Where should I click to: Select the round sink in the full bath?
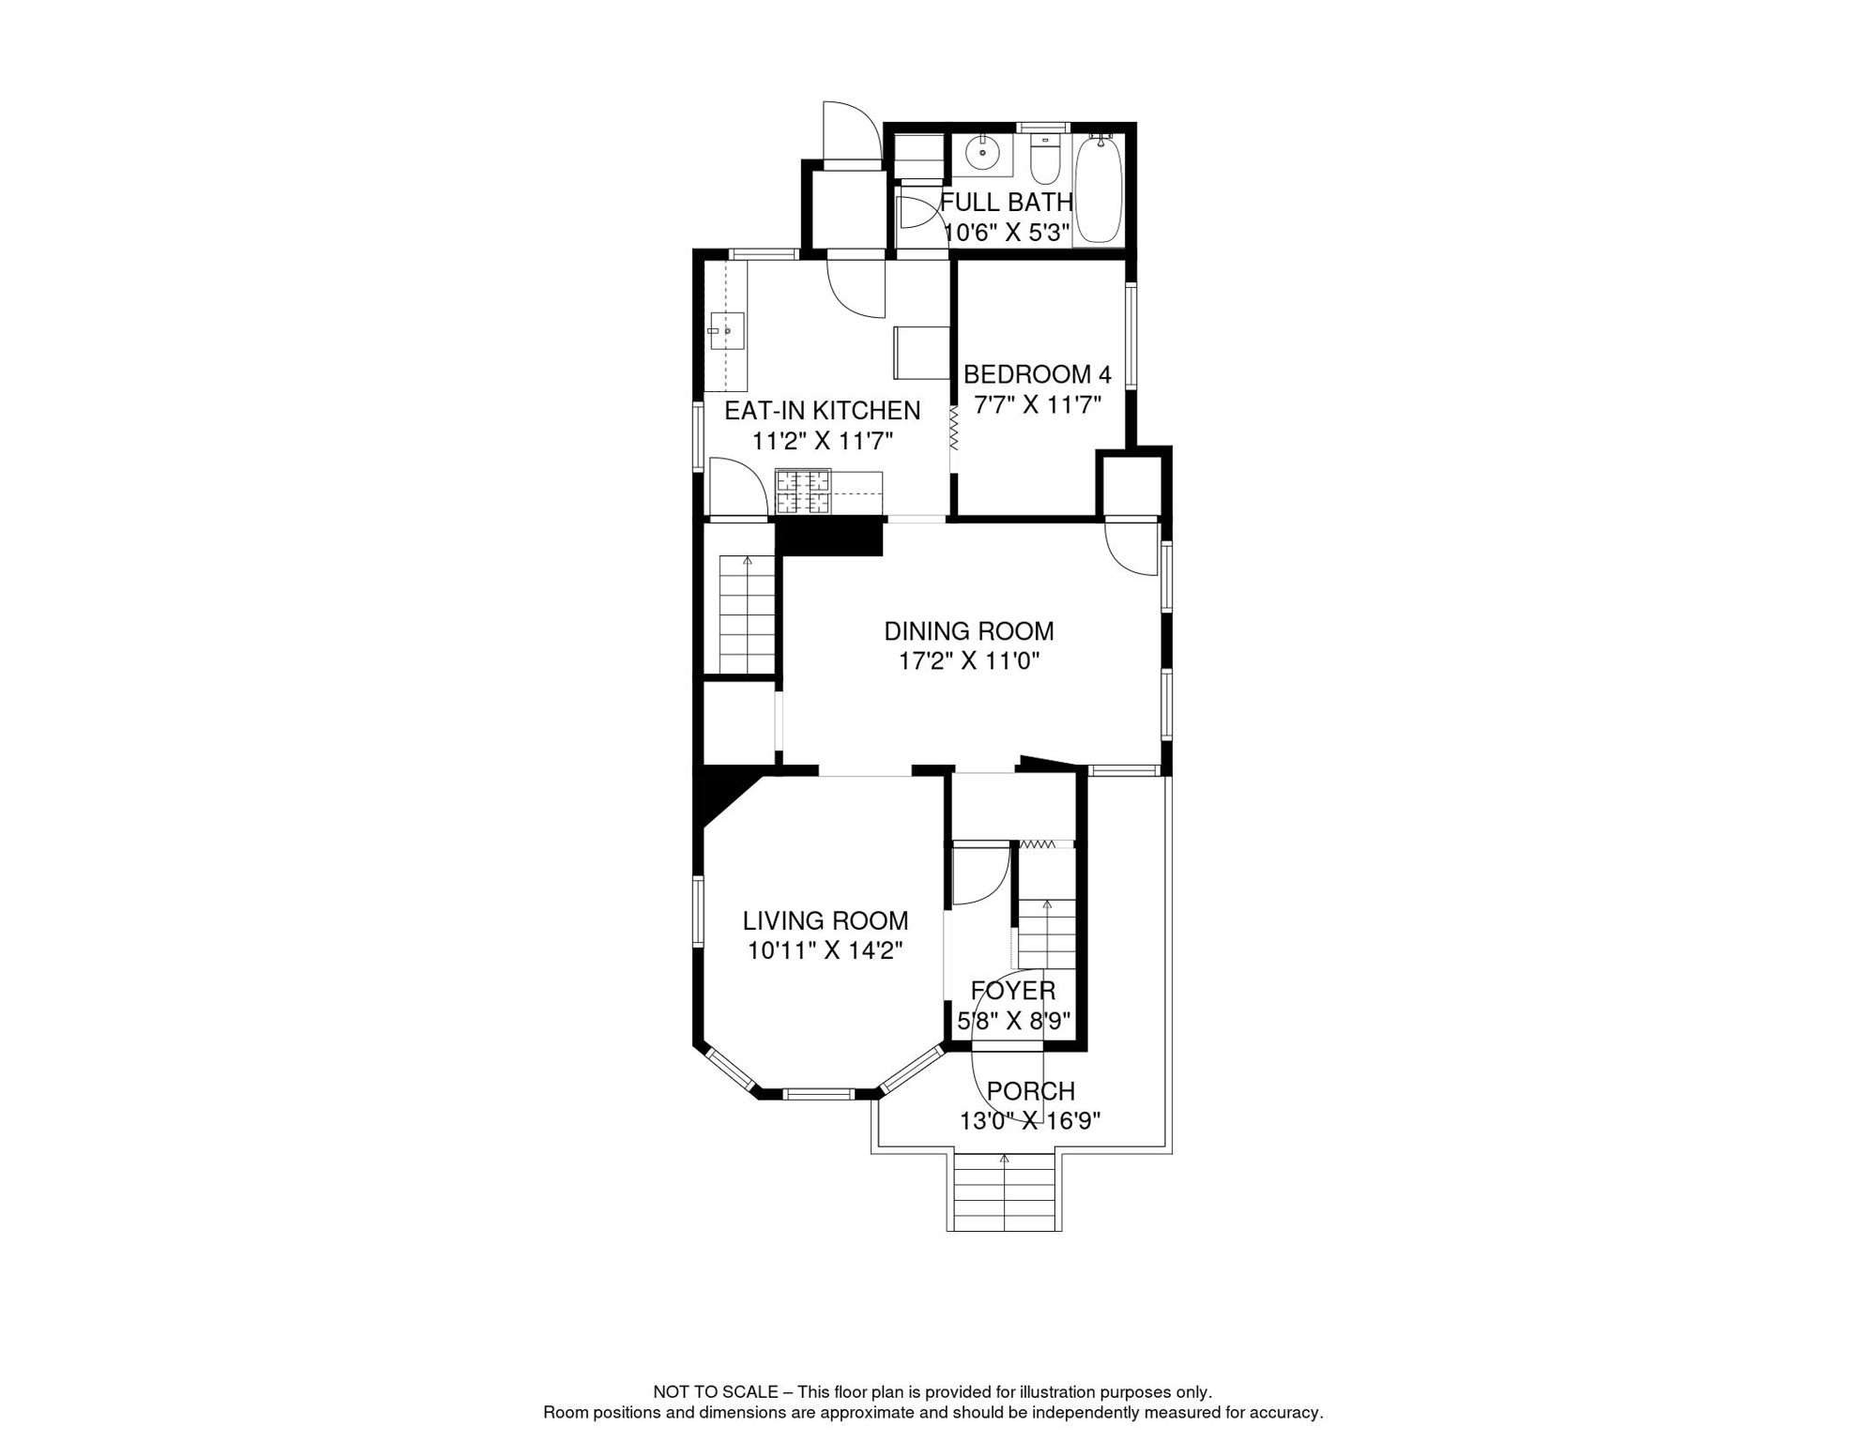[982, 151]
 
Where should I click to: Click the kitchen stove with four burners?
[803, 493]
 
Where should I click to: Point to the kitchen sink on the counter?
[725, 331]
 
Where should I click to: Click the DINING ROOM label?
[969, 631]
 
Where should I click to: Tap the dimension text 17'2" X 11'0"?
[969, 661]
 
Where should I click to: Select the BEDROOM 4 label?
[1037, 374]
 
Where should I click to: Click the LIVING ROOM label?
[826, 921]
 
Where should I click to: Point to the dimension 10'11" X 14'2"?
[826, 951]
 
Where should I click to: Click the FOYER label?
[1013, 991]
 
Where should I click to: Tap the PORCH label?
[1031, 1091]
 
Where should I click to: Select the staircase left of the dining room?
[747, 614]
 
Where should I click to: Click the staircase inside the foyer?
[1046, 933]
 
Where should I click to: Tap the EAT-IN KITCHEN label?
[822, 411]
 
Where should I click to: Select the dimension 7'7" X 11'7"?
[1037, 405]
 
